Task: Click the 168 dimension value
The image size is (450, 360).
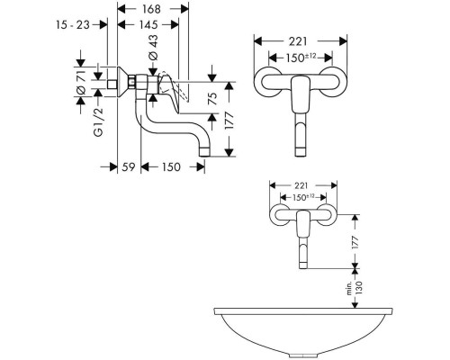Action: [152, 9]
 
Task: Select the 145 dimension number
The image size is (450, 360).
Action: [148, 24]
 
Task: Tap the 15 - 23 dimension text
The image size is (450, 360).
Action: [73, 24]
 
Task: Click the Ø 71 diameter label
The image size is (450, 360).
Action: [81, 82]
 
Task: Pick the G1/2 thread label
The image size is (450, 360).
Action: [98, 122]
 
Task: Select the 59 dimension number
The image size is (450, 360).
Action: [129, 166]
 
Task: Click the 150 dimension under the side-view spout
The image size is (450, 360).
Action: [171, 166]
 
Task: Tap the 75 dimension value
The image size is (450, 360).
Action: [212, 98]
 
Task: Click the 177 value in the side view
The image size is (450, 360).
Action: [229, 120]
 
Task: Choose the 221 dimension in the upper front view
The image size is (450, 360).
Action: [298, 41]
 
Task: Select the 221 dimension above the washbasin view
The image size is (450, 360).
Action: [301, 186]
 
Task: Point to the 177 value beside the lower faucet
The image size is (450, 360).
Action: [355, 242]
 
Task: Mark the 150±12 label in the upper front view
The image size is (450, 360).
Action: [301, 58]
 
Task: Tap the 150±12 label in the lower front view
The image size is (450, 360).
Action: [303, 197]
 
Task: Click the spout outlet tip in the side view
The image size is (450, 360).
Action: [204, 153]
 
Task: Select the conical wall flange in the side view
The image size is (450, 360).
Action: [123, 82]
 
